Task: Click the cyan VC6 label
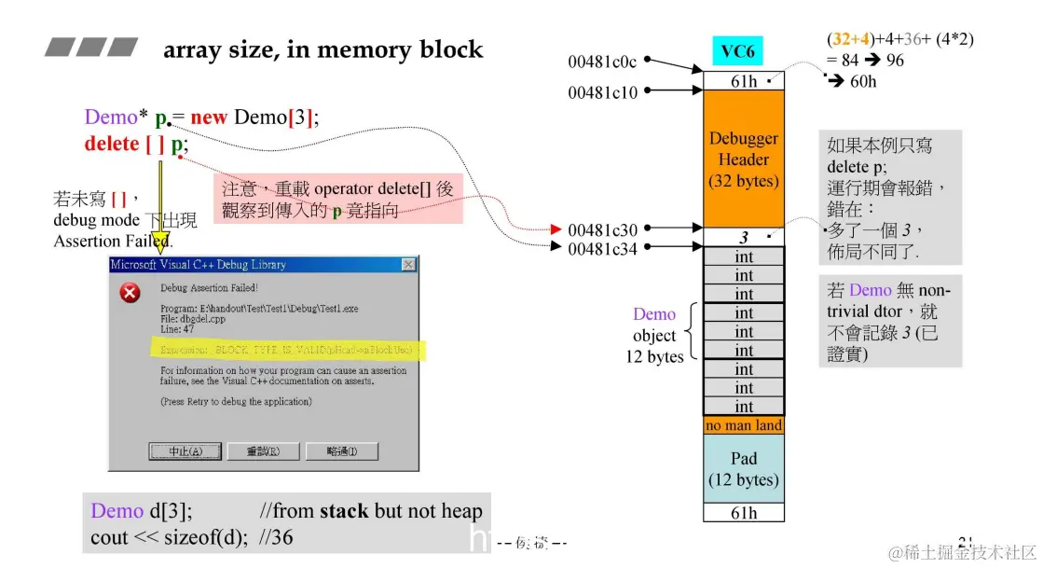pos(737,51)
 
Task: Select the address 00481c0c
pos(602,62)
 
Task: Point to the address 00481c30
pos(602,229)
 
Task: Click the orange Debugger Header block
pos(744,159)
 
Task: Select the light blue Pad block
pos(744,469)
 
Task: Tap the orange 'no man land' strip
pos(744,425)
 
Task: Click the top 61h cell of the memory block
pos(744,81)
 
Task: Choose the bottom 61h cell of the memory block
pos(744,512)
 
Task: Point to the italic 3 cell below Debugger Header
pos(744,237)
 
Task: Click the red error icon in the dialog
pos(131,294)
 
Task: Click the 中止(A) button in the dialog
pos(185,451)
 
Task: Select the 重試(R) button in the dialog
pos(264,451)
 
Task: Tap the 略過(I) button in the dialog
pos(341,451)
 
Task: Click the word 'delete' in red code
pos(111,145)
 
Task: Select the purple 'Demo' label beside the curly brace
pos(653,314)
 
